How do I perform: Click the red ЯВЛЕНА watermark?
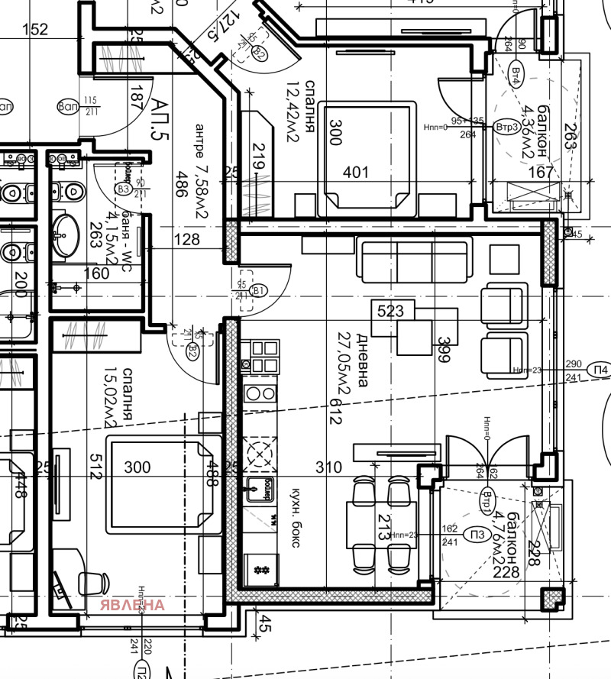tap(132, 605)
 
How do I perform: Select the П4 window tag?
tap(601, 371)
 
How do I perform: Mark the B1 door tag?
tap(258, 290)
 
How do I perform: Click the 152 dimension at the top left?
tap(35, 30)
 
